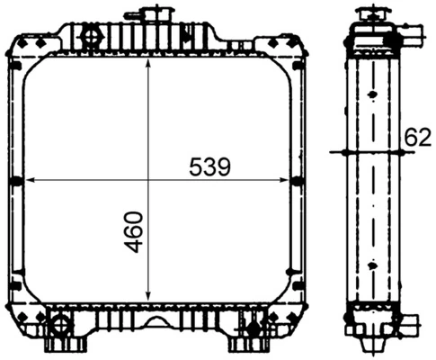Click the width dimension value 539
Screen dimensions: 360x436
[210, 166]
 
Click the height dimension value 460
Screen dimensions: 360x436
[133, 231]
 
